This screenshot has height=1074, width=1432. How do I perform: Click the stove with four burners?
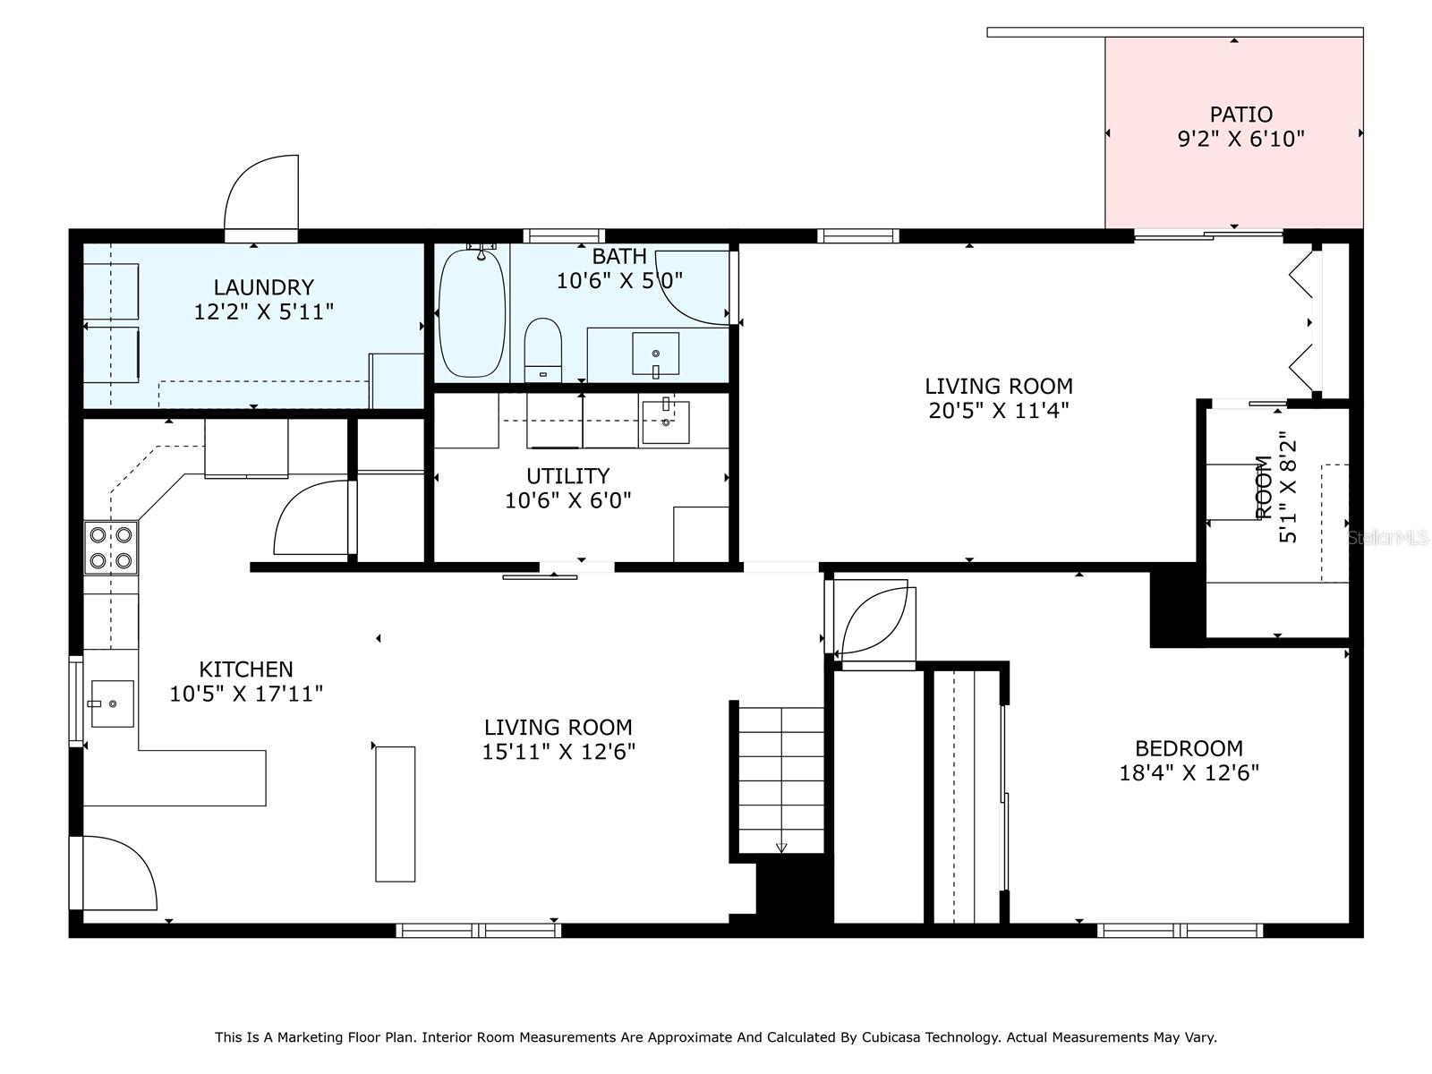pyautogui.click(x=112, y=548)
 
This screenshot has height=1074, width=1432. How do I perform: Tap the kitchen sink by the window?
pyautogui.click(x=112, y=703)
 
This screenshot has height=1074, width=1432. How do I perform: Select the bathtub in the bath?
pyautogui.click(x=472, y=313)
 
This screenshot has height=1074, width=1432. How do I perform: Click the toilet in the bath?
pyautogui.click(x=542, y=350)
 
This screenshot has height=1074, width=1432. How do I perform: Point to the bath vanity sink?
pyautogui.click(x=655, y=354)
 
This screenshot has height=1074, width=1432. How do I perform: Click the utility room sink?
pyautogui.click(x=665, y=422)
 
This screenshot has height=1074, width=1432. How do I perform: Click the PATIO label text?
pyautogui.click(x=1240, y=115)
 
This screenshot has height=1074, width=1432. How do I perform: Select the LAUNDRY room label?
pyautogui.click(x=263, y=287)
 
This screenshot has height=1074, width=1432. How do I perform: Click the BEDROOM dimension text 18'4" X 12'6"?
pyautogui.click(x=1189, y=772)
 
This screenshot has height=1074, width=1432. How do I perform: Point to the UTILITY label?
pyautogui.click(x=567, y=475)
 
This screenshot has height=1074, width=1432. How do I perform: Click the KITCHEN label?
pyautogui.click(x=245, y=669)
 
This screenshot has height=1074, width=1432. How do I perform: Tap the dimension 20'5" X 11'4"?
pyautogui.click(x=998, y=411)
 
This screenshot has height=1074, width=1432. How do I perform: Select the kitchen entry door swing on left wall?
pyautogui.click(x=116, y=873)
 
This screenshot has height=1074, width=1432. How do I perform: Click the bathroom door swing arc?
pyautogui.click(x=694, y=286)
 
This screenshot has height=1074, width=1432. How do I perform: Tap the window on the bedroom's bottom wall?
pyautogui.click(x=1180, y=931)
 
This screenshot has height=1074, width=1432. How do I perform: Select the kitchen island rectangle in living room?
pyautogui.click(x=395, y=814)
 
